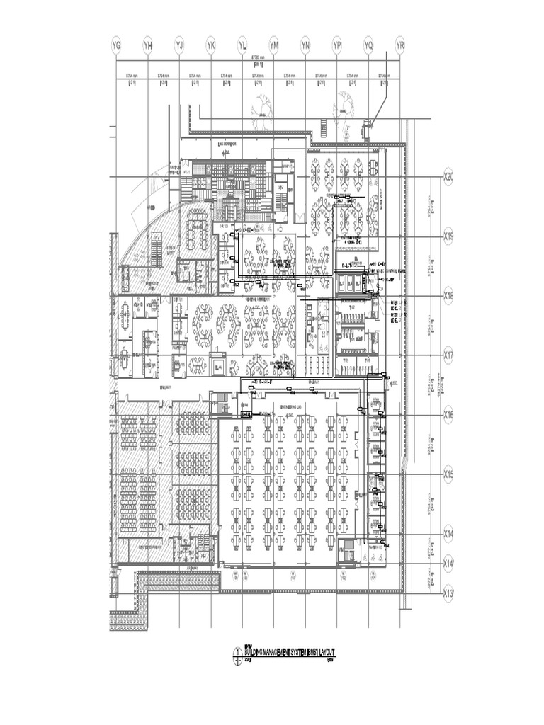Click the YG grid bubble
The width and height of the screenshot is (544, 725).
click(117, 46)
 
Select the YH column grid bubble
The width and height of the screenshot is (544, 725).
click(148, 46)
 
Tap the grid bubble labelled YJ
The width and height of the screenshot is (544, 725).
click(179, 46)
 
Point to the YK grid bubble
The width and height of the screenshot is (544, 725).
click(211, 46)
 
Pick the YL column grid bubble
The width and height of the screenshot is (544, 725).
click(243, 46)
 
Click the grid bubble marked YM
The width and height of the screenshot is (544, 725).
click(274, 46)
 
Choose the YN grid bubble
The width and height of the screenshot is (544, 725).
click(306, 46)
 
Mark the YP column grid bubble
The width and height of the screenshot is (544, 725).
click(337, 46)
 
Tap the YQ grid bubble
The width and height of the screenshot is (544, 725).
click(369, 46)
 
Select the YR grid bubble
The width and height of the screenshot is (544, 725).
click(400, 46)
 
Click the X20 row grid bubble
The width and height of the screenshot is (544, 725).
click(448, 177)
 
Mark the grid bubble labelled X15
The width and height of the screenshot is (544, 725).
click(448, 474)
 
